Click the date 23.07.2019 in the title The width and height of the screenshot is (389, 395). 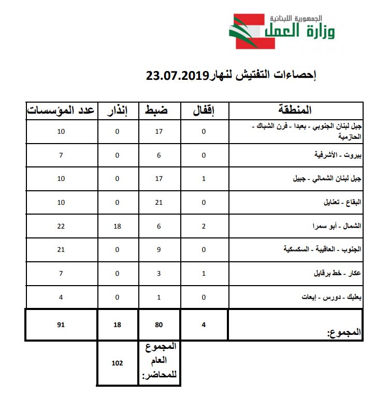[x=177, y=76]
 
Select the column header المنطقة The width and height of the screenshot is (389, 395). [x=295, y=110]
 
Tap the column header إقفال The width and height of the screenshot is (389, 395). [x=204, y=110]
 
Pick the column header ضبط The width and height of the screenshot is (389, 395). [x=159, y=110]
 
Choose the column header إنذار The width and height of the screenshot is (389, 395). [x=118, y=110]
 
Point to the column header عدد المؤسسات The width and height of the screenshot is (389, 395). [x=62, y=110]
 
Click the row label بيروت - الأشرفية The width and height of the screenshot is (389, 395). [x=337, y=155]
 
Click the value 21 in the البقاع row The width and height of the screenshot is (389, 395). [x=159, y=202]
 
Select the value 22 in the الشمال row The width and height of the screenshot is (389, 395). [x=61, y=226]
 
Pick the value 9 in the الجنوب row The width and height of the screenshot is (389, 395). [x=159, y=250]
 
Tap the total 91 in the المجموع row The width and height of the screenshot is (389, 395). [x=61, y=325]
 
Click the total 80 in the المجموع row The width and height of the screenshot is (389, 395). [x=159, y=325]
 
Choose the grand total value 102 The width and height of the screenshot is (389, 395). [x=117, y=363]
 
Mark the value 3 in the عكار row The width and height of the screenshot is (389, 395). [x=159, y=274]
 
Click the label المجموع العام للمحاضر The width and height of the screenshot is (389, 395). [x=160, y=363]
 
